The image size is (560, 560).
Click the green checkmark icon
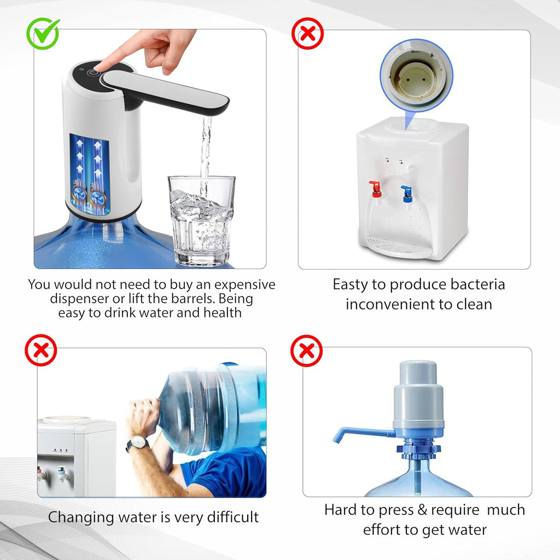click(43, 33)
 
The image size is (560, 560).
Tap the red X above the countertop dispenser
click(307, 34)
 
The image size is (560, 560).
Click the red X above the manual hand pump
click(306, 351)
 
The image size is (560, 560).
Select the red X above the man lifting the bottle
click(41, 350)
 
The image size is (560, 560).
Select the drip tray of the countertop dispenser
click(398, 247)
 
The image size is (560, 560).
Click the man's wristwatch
click(137, 442)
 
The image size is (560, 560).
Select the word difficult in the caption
click(226, 517)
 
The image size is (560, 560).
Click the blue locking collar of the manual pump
click(418, 450)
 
